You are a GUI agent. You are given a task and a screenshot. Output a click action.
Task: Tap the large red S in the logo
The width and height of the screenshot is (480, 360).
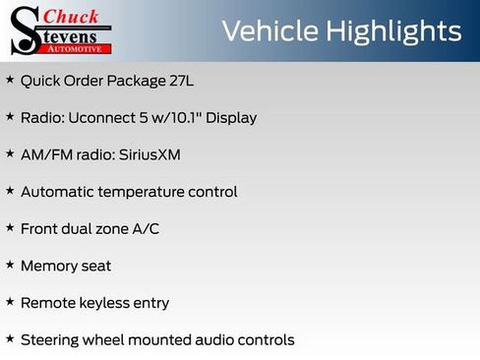click(25, 30)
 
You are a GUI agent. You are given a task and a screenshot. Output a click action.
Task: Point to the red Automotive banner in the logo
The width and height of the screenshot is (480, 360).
click(78, 47)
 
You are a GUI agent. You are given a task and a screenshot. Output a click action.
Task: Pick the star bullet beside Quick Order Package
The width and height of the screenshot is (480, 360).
click(10, 80)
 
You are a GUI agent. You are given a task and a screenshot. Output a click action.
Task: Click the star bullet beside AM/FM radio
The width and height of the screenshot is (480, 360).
click(10, 154)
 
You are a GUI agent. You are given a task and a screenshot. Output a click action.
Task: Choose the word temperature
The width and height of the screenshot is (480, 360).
click(144, 192)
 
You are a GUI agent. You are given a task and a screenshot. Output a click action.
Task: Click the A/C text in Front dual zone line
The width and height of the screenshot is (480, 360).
click(144, 229)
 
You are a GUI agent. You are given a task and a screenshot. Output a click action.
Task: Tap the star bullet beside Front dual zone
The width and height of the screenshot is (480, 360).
click(10, 228)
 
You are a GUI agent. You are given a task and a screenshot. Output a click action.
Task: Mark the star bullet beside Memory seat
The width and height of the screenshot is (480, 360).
click(10, 266)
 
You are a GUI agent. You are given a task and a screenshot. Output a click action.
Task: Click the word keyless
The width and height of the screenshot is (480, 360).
click(105, 303)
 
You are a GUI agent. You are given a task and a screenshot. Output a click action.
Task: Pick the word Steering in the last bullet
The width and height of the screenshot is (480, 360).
click(51, 340)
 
